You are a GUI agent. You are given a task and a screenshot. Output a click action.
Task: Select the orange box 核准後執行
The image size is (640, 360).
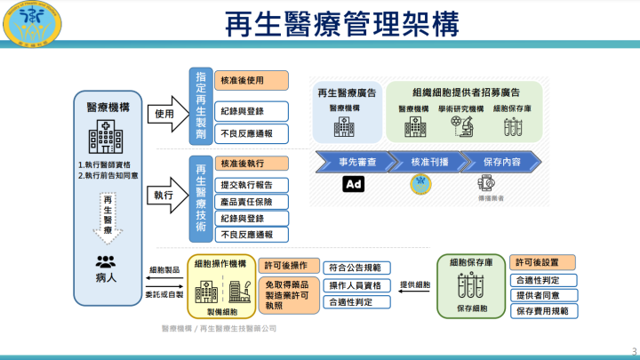tap(252, 164)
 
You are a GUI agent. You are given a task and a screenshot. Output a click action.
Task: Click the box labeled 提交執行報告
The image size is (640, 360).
tap(252, 184)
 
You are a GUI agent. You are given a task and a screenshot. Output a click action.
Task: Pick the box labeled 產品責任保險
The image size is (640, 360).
tap(252, 201)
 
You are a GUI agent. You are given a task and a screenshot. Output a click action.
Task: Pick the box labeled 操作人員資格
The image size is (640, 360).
tap(354, 284)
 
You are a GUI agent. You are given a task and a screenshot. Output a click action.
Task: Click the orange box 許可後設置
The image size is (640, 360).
tap(542, 262)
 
